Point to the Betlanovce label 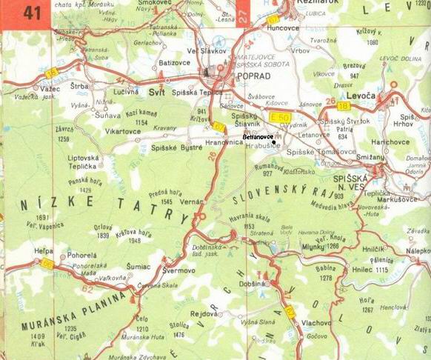258,138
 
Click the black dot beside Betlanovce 273,142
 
